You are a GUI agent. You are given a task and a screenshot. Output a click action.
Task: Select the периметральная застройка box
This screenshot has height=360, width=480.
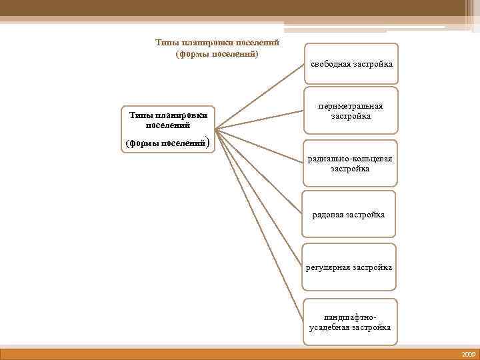[x=351, y=111]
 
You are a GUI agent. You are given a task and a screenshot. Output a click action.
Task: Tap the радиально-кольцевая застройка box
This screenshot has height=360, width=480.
[x=350, y=164]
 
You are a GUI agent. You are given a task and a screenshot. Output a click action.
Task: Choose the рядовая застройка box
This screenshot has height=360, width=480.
[x=349, y=214]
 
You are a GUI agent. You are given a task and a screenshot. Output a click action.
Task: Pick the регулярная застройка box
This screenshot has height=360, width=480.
[x=349, y=267]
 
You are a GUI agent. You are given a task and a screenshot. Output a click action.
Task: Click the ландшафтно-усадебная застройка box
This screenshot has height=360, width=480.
[x=350, y=323]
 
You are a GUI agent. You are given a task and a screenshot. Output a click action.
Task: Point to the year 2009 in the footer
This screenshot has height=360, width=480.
[x=467, y=354]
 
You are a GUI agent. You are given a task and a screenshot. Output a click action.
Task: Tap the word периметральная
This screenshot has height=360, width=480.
[x=351, y=107]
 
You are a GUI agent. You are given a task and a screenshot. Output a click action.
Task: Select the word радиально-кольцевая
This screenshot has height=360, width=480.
[x=350, y=159]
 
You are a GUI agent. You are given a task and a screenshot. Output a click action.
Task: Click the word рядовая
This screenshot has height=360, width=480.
[x=329, y=215]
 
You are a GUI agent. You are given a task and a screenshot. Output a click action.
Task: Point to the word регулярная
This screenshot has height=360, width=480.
[x=327, y=267]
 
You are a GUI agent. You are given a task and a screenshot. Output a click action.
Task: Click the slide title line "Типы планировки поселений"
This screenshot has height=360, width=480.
[x=217, y=43]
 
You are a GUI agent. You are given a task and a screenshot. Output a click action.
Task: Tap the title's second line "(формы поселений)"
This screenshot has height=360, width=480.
[x=217, y=53]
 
